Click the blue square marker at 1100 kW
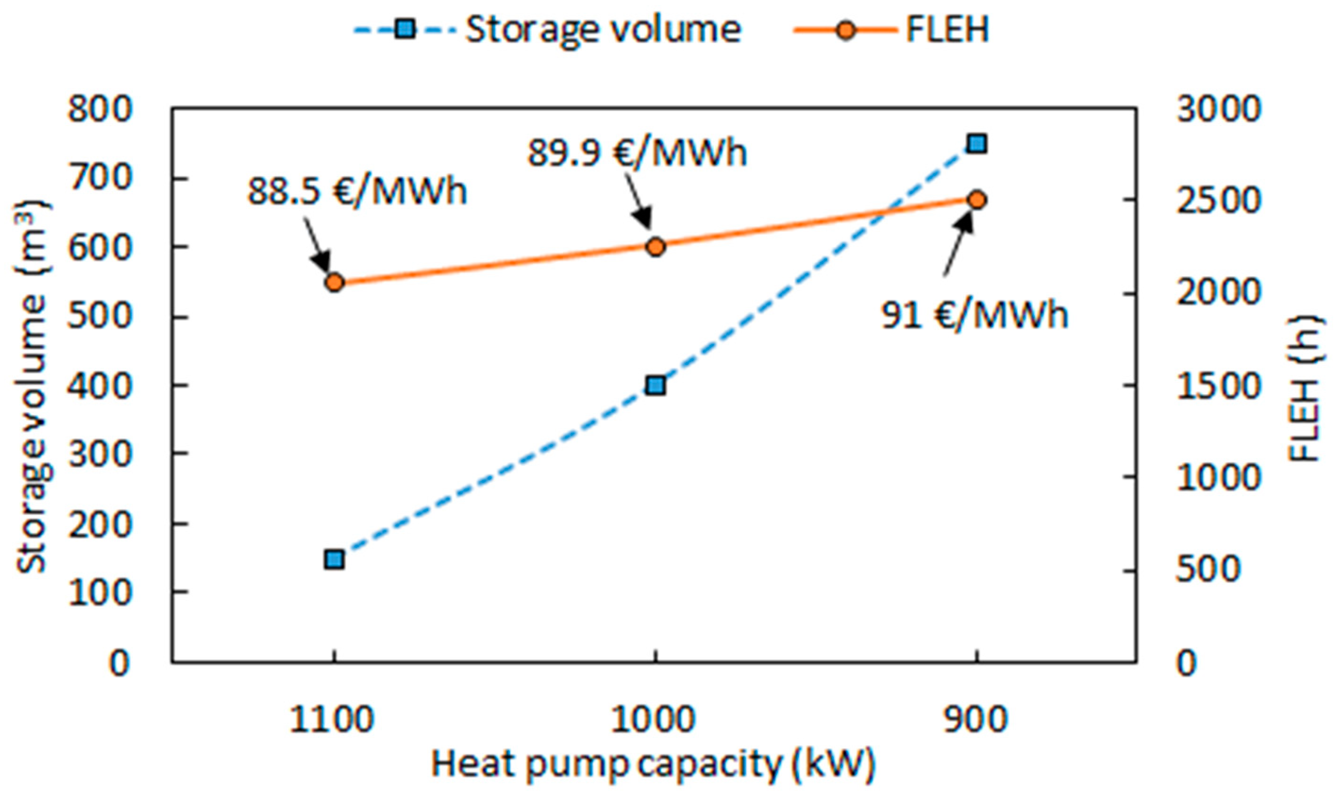coord(335,560)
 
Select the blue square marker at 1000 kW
coord(656,386)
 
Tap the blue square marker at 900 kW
coord(976,144)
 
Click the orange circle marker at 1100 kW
coord(335,283)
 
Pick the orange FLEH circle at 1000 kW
coord(656,247)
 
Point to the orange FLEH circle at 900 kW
coord(976,200)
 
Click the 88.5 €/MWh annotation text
coord(357,191)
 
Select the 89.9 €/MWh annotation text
coord(637,153)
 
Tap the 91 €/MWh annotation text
coord(974,315)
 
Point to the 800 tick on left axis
coord(100,109)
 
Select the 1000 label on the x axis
coord(653,720)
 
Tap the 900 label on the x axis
coord(975,720)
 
